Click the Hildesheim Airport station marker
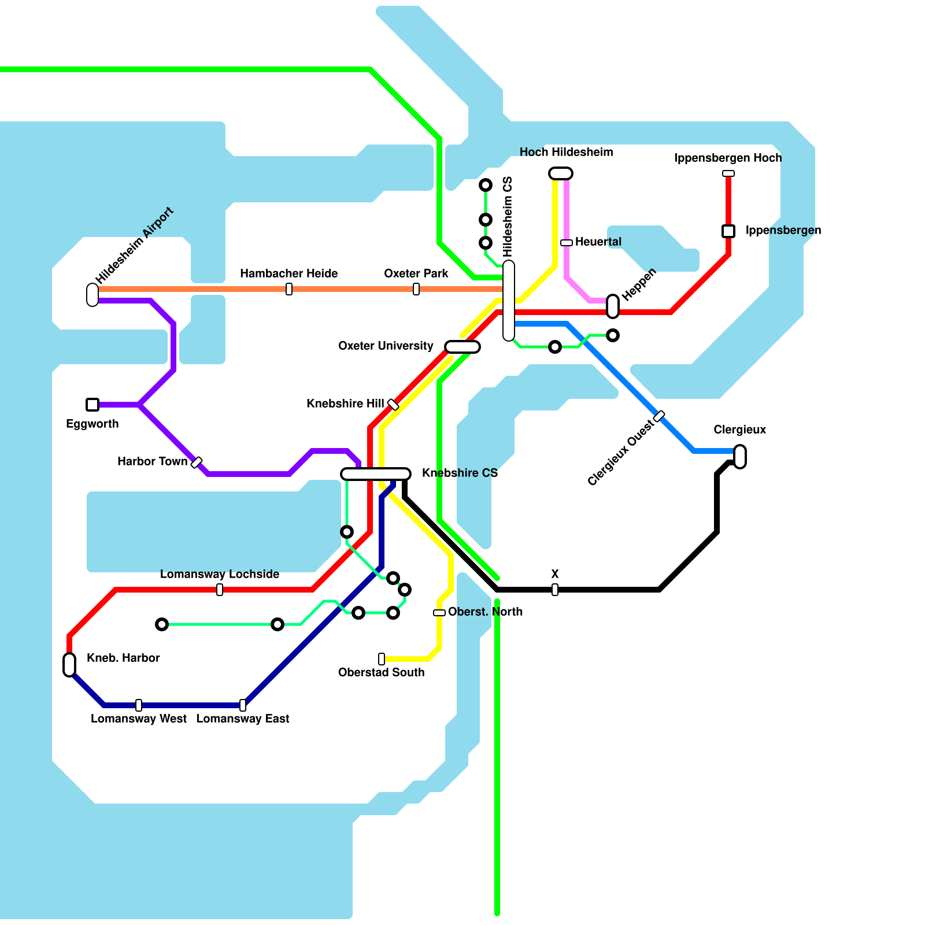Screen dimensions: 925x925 tap(92, 294)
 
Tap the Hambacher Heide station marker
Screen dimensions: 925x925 tap(289, 289)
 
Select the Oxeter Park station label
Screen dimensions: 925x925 tap(416, 273)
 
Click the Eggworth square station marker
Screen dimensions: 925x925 tap(92, 405)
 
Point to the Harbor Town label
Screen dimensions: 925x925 tap(152, 461)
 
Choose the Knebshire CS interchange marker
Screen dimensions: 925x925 tap(376, 474)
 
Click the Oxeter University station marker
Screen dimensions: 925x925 tap(462, 347)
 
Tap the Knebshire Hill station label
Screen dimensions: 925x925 tap(345, 404)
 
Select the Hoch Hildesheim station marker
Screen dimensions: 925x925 tap(561, 173)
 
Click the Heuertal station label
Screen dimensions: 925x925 tap(598, 242)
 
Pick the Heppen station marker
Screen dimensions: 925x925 tap(613, 306)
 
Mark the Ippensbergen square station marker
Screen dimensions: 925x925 tap(728, 231)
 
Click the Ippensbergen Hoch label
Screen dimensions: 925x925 tap(728, 158)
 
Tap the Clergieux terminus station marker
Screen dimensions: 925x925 tap(740, 457)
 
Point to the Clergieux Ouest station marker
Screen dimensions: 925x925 tap(659, 416)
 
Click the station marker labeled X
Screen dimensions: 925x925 tap(555, 590)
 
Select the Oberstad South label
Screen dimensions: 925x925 tap(381, 672)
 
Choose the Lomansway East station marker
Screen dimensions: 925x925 tap(243, 705)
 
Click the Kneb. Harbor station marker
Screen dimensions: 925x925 tap(69, 665)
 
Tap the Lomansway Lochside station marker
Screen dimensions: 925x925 tap(220, 590)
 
